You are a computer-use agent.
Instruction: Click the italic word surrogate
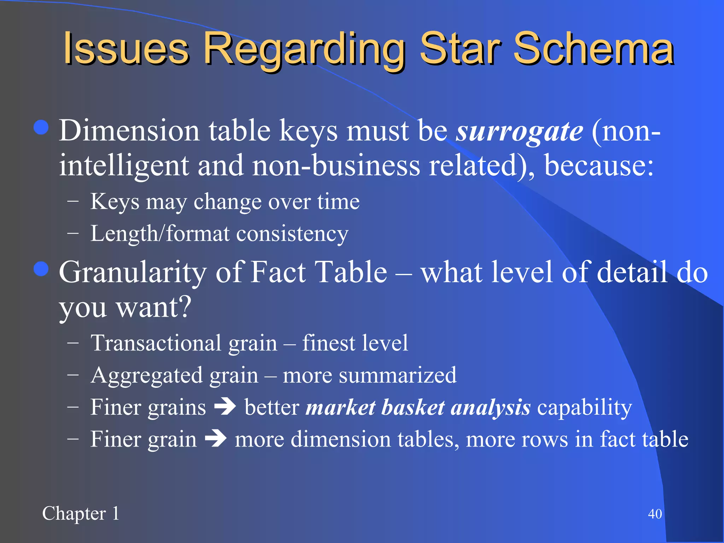[519, 131]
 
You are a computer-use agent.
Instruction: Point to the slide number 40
[655, 514]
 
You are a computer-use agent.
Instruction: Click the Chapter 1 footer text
[81, 513]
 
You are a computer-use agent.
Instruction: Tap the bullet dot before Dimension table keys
[41, 127]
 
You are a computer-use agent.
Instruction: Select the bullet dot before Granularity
[41, 269]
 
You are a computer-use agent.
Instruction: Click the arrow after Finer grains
[225, 407]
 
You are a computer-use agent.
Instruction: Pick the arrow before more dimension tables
[216, 439]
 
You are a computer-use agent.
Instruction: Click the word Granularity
[133, 273]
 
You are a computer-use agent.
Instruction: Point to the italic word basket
[413, 407]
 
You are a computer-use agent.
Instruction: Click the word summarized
[397, 375]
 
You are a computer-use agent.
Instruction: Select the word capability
[584, 407]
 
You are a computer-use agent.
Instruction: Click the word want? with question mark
[154, 307]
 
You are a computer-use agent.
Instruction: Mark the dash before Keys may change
[72, 202]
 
